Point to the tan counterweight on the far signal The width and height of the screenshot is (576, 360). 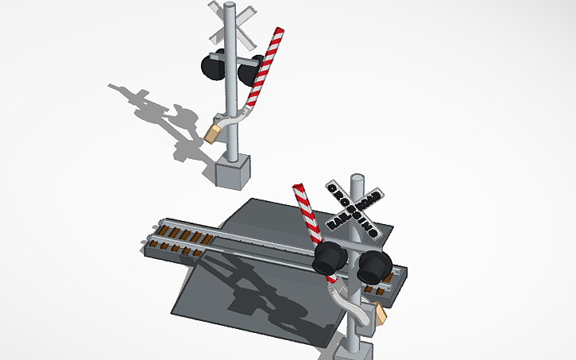click(x=212, y=131)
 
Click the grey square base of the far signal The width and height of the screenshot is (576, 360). click(x=234, y=169)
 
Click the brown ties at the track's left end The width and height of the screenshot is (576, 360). click(x=179, y=237)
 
